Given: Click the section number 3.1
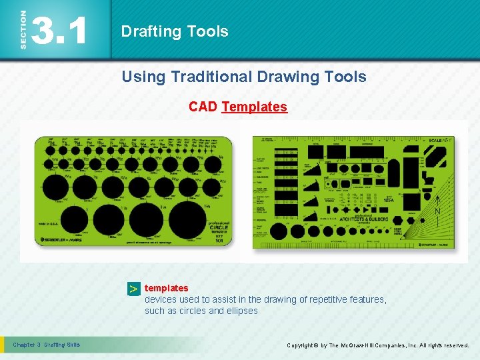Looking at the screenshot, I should [x=59, y=31].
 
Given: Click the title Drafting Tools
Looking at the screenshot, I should [x=175, y=31].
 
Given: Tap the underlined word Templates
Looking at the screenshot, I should [x=254, y=107].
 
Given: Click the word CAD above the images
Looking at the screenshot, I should [x=203, y=107].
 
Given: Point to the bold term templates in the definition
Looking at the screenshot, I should [x=167, y=288].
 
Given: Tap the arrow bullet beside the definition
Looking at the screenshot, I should [x=134, y=289].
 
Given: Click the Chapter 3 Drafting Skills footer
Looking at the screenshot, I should [x=47, y=345].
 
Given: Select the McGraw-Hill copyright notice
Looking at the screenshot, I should [x=377, y=345].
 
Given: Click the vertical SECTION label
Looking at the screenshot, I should [x=24, y=29].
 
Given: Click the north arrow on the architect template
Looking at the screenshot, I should [x=437, y=207].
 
